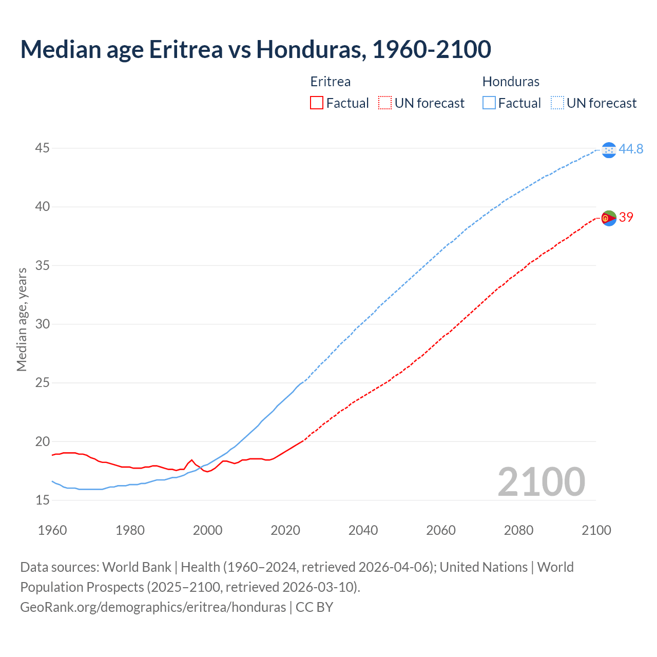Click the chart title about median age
point(256,49)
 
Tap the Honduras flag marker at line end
point(609,150)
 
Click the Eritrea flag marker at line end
point(609,218)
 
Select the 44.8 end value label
point(631,149)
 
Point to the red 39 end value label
point(626,217)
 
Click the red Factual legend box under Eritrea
point(317,103)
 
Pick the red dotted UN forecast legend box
point(385,103)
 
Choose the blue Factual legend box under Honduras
point(489,103)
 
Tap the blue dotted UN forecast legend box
point(557,103)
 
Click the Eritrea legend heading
point(331,82)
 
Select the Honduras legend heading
point(511,82)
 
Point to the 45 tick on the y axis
point(43,148)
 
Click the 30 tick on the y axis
point(43,324)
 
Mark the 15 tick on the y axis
point(43,500)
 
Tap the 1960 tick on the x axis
point(52,530)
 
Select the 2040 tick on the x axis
point(363,530)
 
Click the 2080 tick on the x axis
point(518,530)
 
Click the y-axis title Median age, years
point(22,319)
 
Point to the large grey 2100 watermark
point(541,481)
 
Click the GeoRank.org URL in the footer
point(153,607)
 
